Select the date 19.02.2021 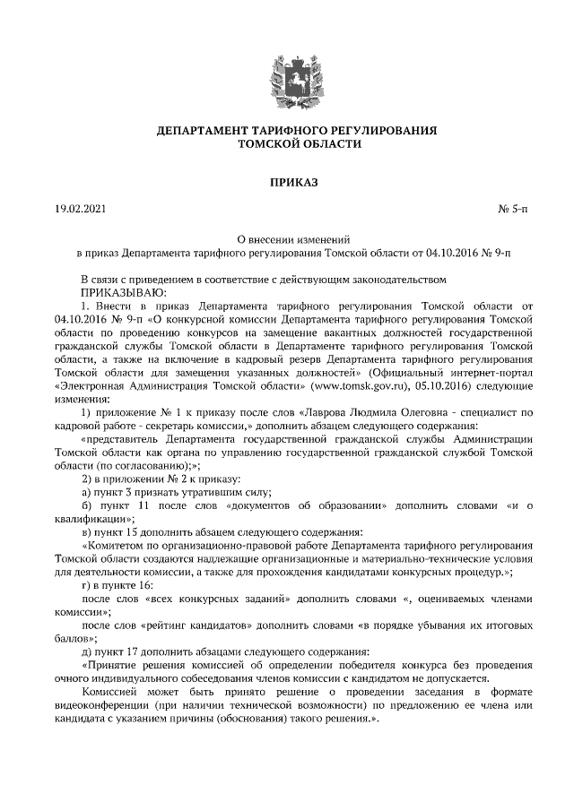[79, 210]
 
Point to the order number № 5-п [513, 210]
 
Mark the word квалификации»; [94, 519]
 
